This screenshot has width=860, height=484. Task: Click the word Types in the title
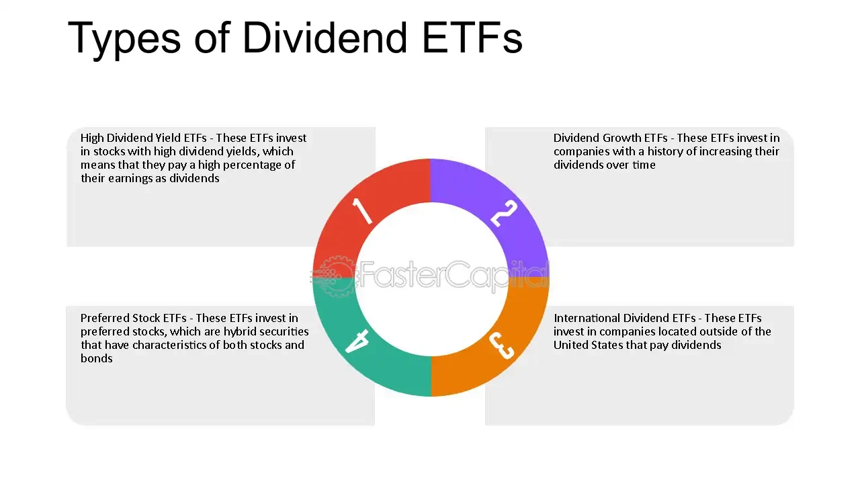[124, 38]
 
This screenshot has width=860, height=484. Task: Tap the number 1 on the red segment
[362, 211]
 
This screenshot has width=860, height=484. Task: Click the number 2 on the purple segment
[503, 213]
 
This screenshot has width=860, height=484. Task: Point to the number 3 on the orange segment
[502, 346]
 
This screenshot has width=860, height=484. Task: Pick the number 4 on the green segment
[357, 341]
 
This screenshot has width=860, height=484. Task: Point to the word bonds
[97, 358]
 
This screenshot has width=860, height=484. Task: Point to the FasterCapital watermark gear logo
[334, 275]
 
